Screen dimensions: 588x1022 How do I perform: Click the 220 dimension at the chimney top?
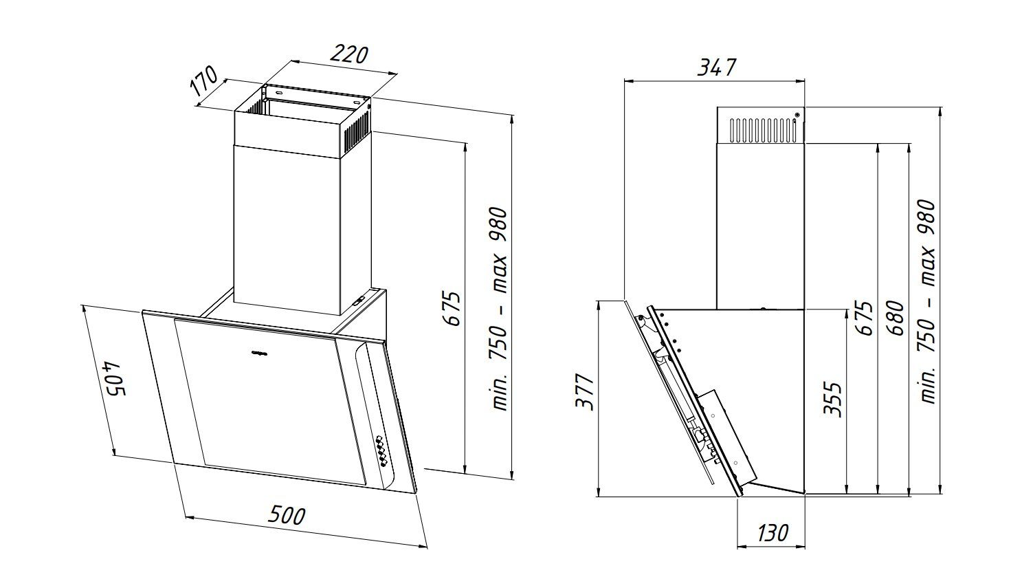(350, 54)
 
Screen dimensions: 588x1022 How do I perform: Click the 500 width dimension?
(287, 514)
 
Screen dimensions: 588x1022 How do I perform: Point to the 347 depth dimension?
(717, 67)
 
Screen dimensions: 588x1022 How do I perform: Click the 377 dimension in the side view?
(584, 392)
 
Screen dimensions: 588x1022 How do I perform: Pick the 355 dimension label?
(832, 399)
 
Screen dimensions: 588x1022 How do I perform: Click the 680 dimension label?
(894, 318)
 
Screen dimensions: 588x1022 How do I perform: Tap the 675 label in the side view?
(865, 318)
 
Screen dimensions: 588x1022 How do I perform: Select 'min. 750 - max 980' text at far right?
(928, 301)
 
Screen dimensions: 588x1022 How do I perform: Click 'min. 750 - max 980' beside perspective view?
(500, 308)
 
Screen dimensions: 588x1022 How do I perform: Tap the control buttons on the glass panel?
(381, 450)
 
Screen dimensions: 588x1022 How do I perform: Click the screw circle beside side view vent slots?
(797, 115)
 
